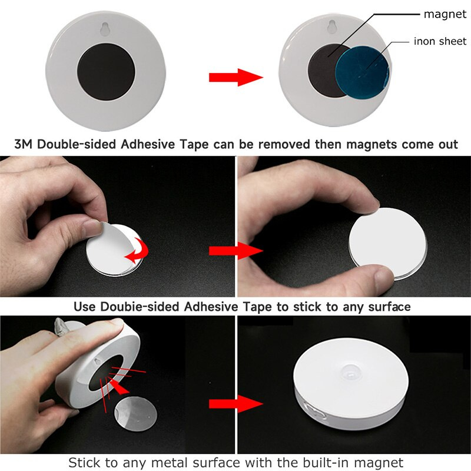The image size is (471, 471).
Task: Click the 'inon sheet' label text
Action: click(x=439, y=41)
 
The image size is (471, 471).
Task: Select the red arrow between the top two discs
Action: click(x=235, y=77)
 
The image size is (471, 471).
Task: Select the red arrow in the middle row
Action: click(x=235, y=251)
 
